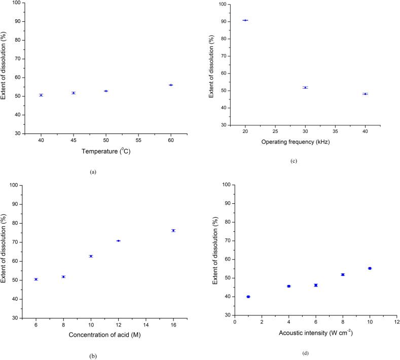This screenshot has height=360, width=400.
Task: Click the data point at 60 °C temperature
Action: click(x=171, y=85)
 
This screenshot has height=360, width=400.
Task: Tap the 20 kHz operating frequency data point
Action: click(x=245, y=20)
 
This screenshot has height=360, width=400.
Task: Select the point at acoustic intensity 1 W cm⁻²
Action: click(x=248, y=297)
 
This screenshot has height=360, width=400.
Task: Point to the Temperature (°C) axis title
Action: click(x=105, y=152)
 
